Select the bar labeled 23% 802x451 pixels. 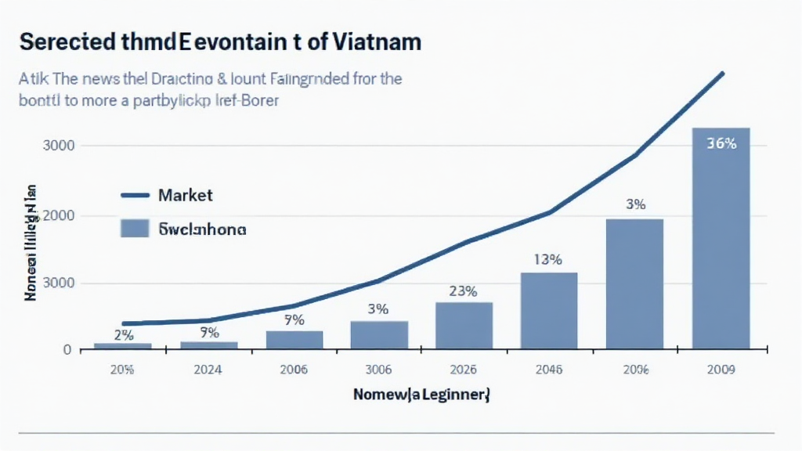click(464, 325)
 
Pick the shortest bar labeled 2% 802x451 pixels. click(122, 346)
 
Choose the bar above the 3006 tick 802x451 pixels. click(379, 335)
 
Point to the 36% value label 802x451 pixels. click(721, 143)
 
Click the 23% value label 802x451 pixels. click(464, 291)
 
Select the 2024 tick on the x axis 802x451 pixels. click(208, 370)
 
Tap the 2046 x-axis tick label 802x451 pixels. click(549, 370)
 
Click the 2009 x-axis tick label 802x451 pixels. click(721, 370)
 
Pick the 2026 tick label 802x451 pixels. click(464, 370)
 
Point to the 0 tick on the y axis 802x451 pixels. click(68, 350)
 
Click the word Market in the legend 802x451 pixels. click(185, 195)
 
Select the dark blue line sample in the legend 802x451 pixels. click(135, 195)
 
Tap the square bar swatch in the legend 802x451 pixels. click(135, 229)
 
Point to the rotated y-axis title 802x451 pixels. click(32, 243)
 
